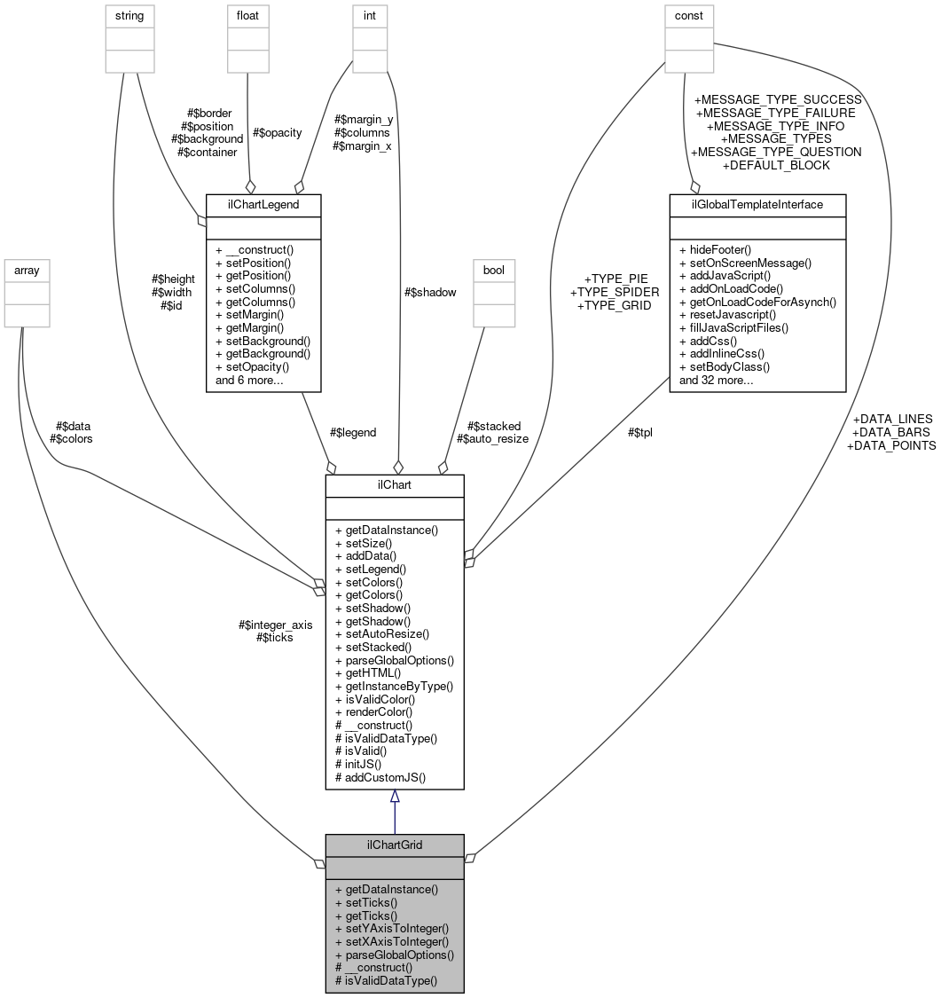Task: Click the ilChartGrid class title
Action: tap(394, 845)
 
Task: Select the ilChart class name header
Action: tap(394, 485)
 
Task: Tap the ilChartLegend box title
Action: tap(263, 205)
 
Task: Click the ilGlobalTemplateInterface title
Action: tap(757, 205)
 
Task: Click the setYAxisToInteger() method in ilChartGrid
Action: tap(391, 928)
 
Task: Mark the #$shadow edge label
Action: tap(430, 293)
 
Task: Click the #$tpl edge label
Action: tap(639, 432)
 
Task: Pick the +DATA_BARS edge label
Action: tap(890, 432)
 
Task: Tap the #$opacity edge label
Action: tap(277, 132)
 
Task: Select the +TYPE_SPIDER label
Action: tap(615, 292)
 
